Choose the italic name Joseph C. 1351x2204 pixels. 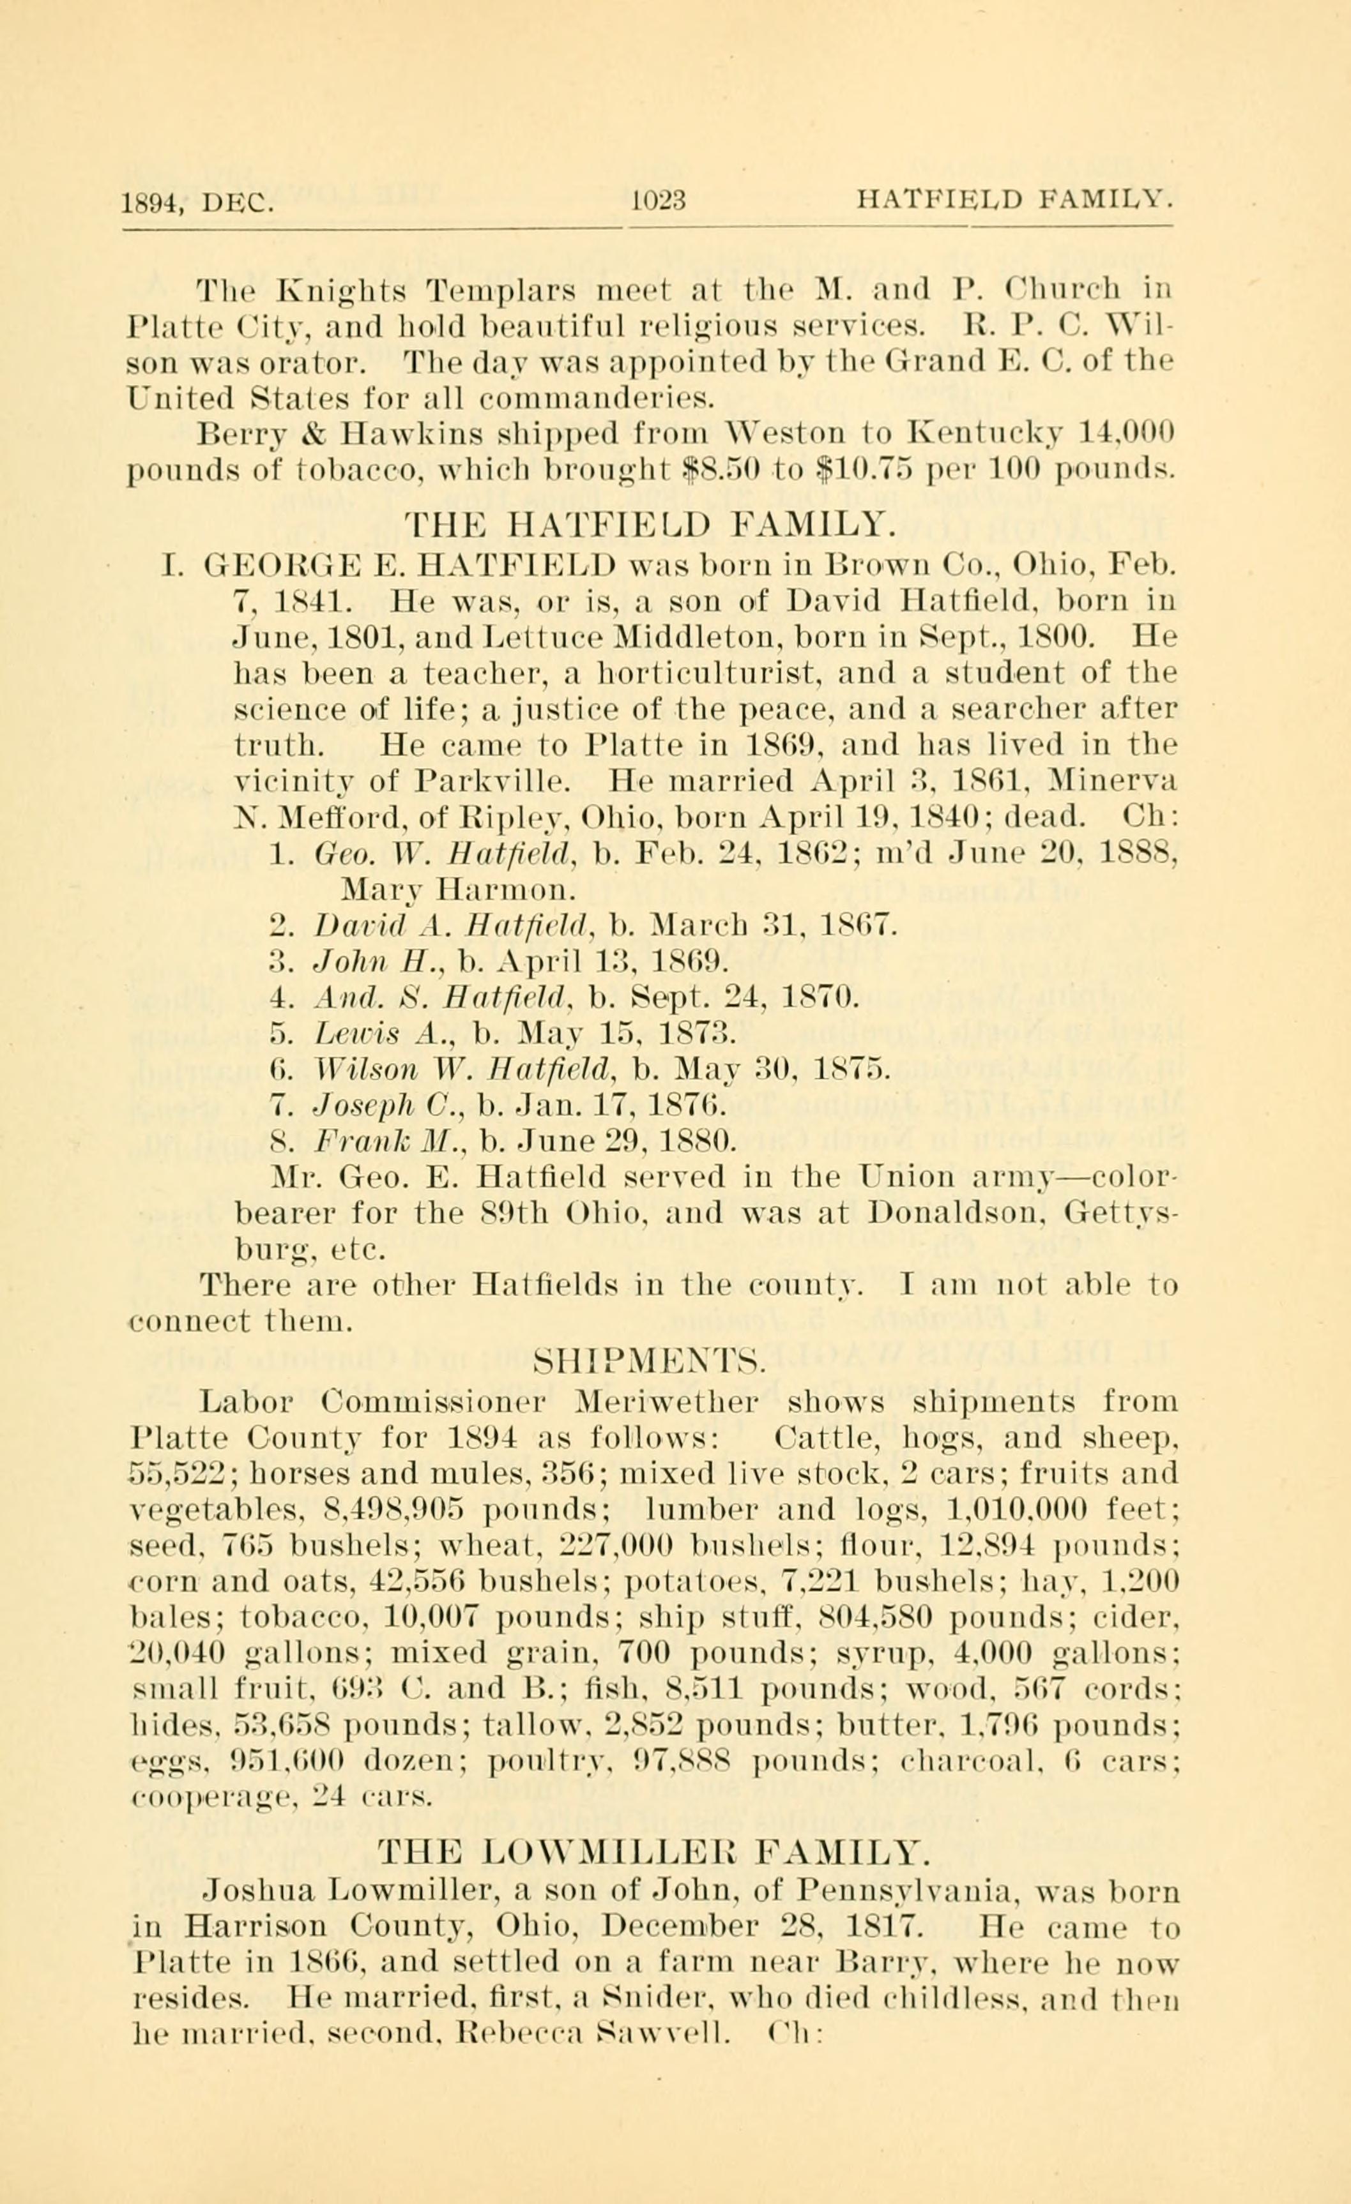(x=389, y=1106)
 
